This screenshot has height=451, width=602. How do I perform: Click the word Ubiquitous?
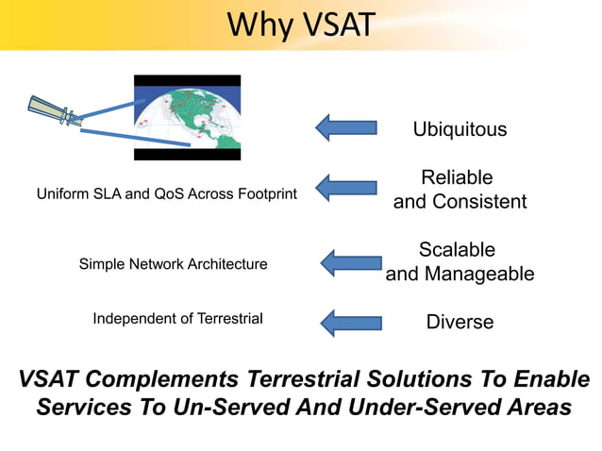coord(460,129)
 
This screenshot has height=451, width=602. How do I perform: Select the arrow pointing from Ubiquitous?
coord(345,127)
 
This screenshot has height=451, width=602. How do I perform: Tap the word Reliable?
coord(457,177)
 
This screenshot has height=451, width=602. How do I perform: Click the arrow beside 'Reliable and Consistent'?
coord(345,187)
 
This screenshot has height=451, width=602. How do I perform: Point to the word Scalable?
coord(457,250)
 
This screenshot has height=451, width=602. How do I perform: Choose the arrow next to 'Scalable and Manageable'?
coord(351,263)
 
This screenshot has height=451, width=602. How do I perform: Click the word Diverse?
coord(460,322)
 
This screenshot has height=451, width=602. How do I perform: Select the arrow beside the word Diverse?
coord(350,323)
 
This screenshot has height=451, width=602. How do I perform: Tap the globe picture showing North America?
coord(187,117)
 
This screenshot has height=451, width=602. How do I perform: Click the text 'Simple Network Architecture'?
coord(173,264)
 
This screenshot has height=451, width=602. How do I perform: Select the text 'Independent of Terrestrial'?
coord(177,319)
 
